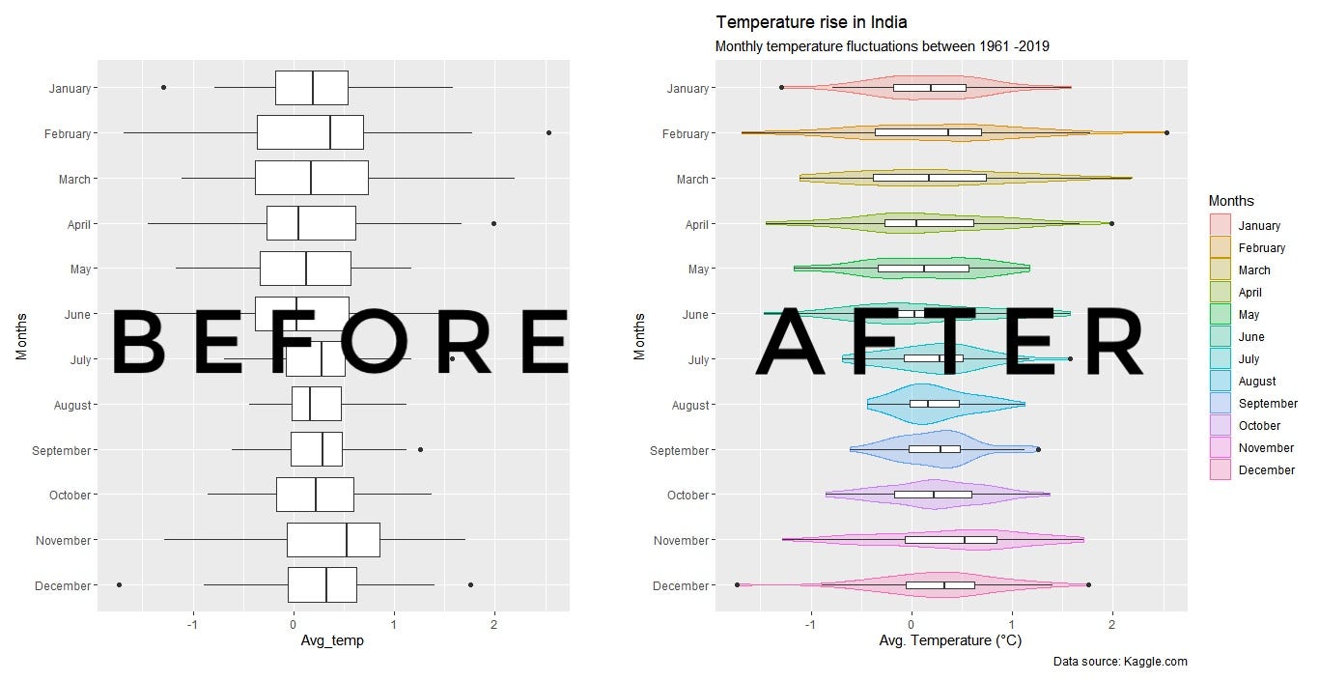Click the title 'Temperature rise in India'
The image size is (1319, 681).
pyautogui.click(x=811, y=22)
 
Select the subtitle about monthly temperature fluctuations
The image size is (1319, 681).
pyautogui.click(x=882, y=46)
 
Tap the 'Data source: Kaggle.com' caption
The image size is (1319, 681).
pyautogui.click(x=1119, y=662)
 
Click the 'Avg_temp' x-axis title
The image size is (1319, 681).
pyautogui.click(x=333, y=639)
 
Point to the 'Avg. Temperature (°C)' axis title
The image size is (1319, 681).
pyautogui.click(x=950, y=639)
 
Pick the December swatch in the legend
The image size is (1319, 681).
pyautogui.click(x=1221, y=470)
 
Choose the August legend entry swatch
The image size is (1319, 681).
pyautogui.click(x=1221, y=382)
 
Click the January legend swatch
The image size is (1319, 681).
pyautogui.click(x=1221, y=226)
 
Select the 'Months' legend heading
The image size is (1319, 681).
pyautogui.click(x=1231, y=201)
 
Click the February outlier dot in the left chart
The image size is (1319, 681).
pyautogui.click(x=548, y=132)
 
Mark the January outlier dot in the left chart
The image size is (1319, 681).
pyautogui.click(x=163, y=87)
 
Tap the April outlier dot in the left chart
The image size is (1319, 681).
pyautogui.click(x=493, y=223)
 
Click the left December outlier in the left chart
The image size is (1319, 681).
pyautogui.click(x=119, y=584)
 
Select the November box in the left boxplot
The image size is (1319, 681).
pyautogui.click(x=333, y=540)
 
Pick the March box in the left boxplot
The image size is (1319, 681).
pyautogui.click(x=311, y=178)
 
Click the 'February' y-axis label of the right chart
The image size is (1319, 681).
pyautogui.click(x=686, y=134)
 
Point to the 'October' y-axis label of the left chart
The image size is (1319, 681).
pyautogui.click(x=70, y=496)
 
